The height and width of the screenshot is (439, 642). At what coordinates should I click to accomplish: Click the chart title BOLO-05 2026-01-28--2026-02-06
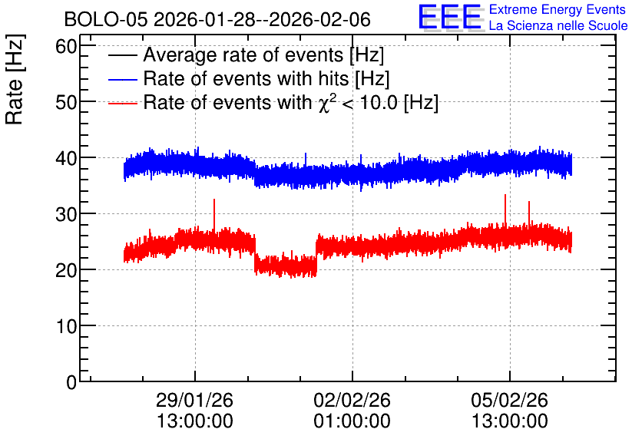(217, 19)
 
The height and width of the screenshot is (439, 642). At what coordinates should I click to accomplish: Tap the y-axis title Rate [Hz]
(15, 79)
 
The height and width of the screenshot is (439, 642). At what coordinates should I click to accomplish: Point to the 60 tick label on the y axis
(66, 47)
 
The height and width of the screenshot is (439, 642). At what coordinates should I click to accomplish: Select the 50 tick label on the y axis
(66, 103)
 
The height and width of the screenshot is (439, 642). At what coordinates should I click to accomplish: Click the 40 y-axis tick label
(66, 158)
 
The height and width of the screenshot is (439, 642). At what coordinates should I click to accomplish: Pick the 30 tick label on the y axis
(66, 214)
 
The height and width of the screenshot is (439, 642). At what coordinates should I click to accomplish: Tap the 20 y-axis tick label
(66, 270)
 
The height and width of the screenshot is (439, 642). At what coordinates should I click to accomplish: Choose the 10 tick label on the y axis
(66, 326)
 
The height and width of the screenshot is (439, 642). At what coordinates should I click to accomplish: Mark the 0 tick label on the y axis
(71, 382)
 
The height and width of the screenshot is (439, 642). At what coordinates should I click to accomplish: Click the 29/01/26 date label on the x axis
(194, 400)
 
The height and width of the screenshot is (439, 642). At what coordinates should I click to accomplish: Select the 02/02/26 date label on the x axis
(352, 400)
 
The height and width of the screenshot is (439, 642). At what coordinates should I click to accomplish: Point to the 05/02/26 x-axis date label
(509, 400)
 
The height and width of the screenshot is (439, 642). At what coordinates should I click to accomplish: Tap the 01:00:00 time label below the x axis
(352, 421)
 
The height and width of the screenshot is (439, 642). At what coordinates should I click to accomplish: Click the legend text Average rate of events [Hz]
(263, 54)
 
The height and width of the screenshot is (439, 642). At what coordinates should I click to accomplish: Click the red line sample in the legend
(122, 103)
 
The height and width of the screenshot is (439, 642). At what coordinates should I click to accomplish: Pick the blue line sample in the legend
(122, 79)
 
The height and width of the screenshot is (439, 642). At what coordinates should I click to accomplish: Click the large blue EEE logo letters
(449, 17)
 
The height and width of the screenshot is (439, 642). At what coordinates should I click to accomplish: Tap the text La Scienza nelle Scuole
(558, 25)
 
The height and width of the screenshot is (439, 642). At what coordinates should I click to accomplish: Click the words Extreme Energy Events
(558, 9)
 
